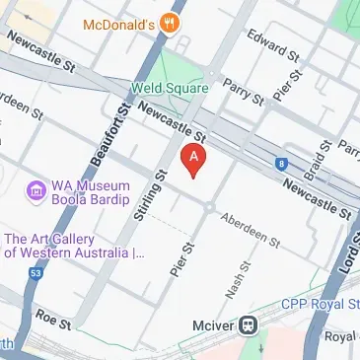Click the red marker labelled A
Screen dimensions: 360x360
[194, 158]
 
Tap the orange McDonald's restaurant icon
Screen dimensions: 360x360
[174, 23]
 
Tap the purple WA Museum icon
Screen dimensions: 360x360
[36, 188]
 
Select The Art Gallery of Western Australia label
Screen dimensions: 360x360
[74, 246]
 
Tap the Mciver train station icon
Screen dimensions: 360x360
[251, 324]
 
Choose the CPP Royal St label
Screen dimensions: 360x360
[318, 306]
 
